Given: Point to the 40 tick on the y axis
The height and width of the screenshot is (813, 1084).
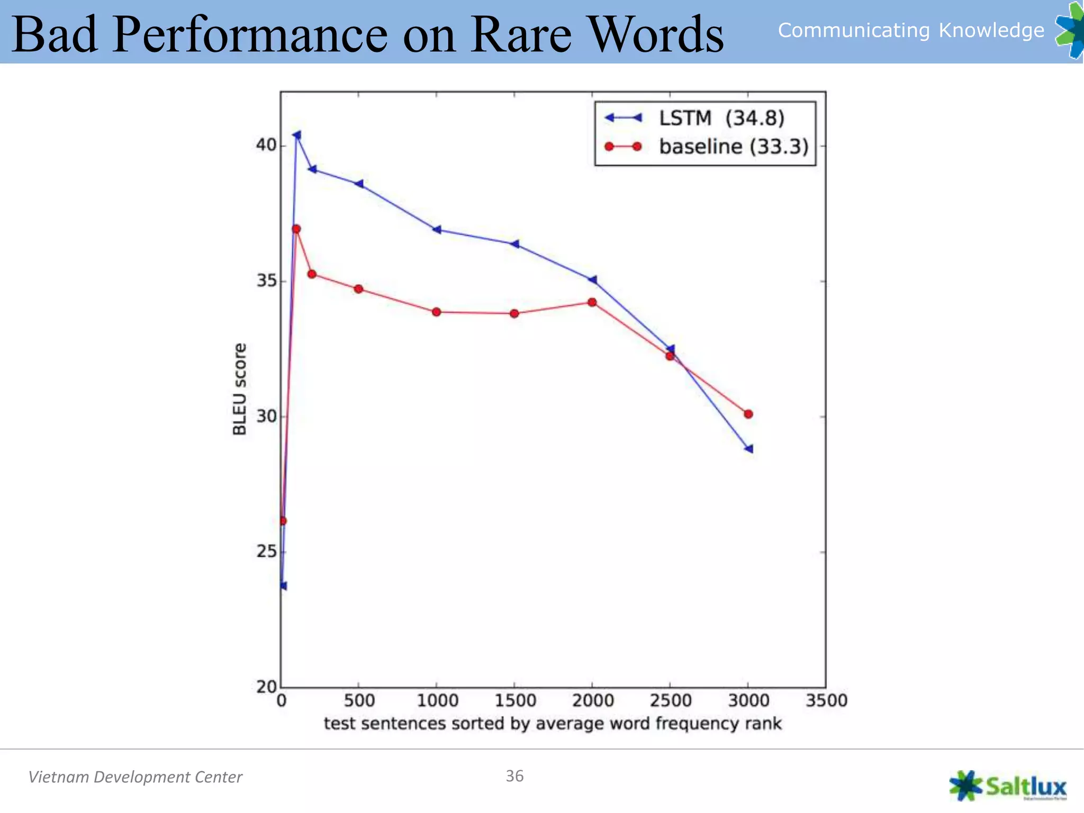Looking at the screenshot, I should click(x=266, y=144).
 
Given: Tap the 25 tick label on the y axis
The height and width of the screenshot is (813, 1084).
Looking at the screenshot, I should click(x=266, y=552).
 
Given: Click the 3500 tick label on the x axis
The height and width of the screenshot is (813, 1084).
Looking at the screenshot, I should click(x=826, y=701).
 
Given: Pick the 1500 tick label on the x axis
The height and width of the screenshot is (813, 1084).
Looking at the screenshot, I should click(x=515, y=701).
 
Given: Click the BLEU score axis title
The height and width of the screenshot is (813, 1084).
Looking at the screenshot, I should click(x=240, y=389).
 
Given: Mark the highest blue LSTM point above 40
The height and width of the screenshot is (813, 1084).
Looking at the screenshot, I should click(x=297, y=135).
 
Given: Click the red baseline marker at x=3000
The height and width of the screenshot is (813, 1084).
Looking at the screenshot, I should click(x=748, y=414).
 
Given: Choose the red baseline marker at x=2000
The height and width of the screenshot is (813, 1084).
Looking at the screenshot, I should click(x=592, y=302).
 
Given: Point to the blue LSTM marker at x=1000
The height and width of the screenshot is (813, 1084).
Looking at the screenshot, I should click(x=437, y=230).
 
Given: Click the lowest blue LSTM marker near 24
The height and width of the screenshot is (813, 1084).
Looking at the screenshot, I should click(x=283, y=586).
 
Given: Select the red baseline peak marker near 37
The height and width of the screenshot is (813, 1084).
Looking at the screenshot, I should click(x=296, y=229).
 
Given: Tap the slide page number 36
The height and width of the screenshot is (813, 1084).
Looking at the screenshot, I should click(x=514, y=776).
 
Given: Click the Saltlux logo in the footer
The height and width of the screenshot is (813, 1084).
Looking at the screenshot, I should click(x=1008, y=785).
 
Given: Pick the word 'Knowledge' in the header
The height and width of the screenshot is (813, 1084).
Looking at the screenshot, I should click(x=991, y=30).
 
